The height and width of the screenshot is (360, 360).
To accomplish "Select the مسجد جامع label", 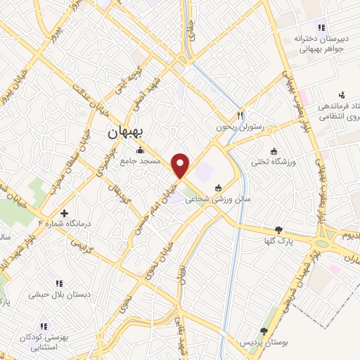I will point(140,161).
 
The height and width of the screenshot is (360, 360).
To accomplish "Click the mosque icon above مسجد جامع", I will point(140,149).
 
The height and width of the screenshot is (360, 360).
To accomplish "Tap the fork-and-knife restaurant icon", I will point(240,115).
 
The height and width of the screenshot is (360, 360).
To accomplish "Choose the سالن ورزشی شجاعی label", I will point(219,200).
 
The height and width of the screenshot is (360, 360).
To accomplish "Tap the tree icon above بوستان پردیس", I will point(264,331).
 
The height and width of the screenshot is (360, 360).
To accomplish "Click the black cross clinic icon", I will point(64,212).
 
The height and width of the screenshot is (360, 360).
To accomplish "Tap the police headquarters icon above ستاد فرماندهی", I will point(342,95).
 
